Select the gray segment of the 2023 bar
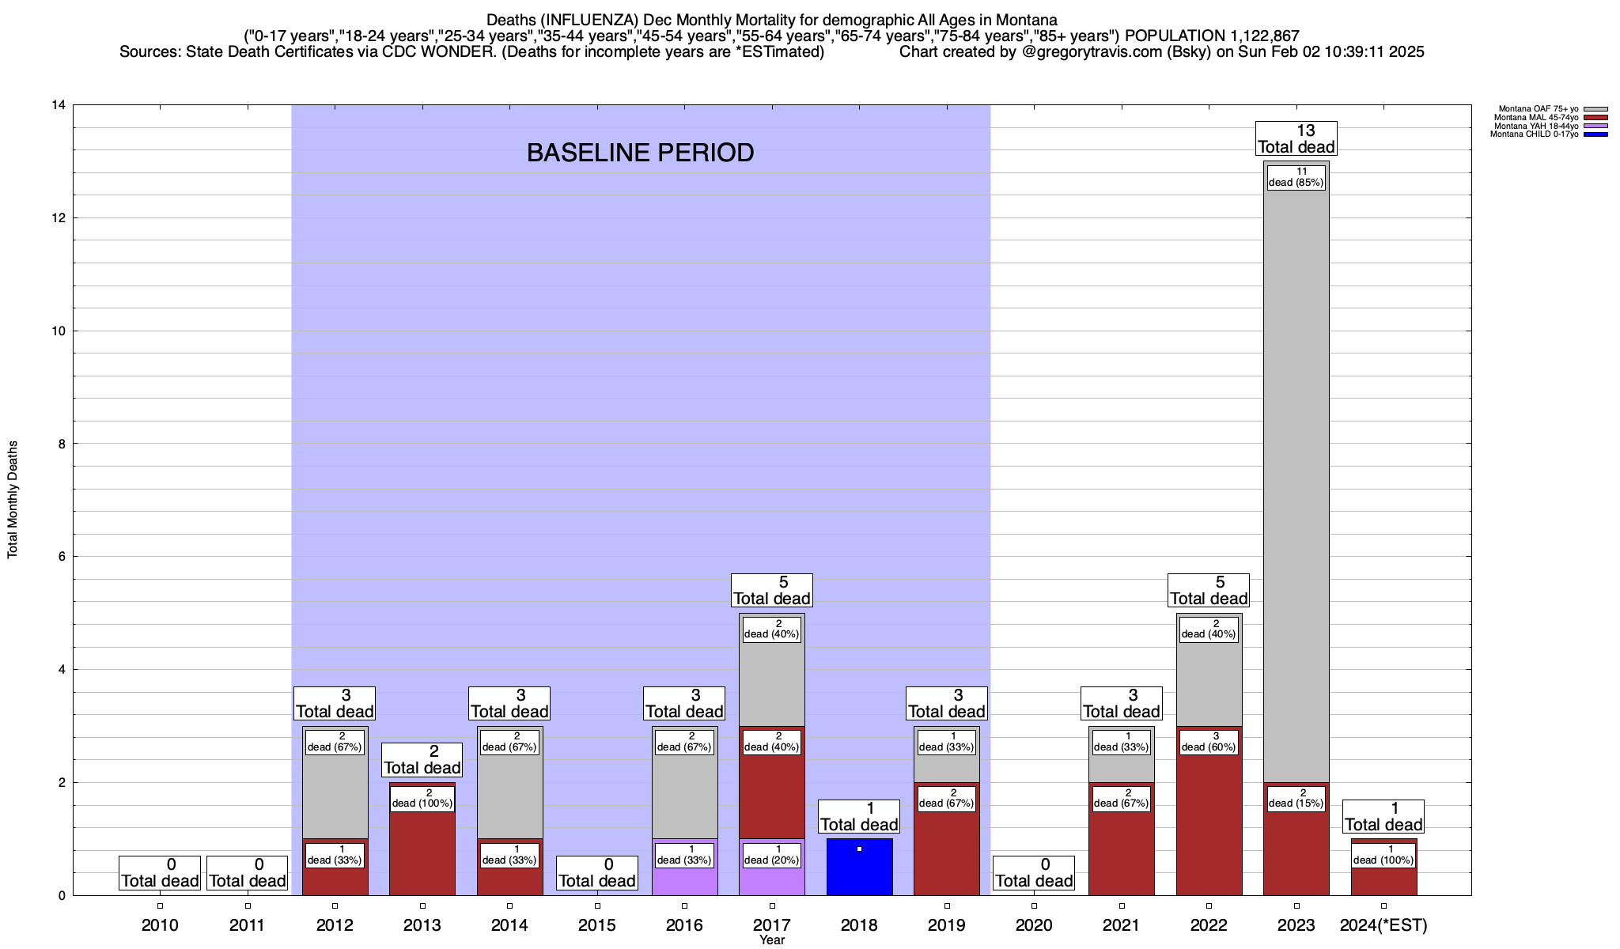pos(1296,475)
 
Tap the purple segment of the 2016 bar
pos(684,880)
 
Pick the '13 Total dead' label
pos(1296,138)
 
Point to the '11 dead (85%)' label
pos(1296,177)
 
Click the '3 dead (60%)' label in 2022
pos(1208,742)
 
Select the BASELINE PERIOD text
pos(640,153)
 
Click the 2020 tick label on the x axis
pos(1034,925)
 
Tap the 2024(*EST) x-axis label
pos(1383,925)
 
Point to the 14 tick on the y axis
pos(58,105)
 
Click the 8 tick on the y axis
pos(61,444)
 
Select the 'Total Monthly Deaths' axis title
pos(13,500)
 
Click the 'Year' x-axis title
pos(771,940)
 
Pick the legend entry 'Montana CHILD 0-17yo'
pos(1534,134)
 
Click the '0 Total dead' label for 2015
pos(596,873)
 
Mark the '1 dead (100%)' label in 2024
pos(1383,855)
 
